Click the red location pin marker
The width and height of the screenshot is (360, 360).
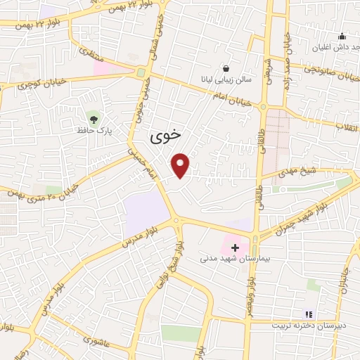181,165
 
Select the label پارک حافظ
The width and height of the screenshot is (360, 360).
96,131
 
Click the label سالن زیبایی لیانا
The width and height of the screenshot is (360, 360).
224,80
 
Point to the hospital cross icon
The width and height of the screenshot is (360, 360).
235,247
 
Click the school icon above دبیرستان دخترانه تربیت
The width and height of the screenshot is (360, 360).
307,314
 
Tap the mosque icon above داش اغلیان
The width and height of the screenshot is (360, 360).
342,37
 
